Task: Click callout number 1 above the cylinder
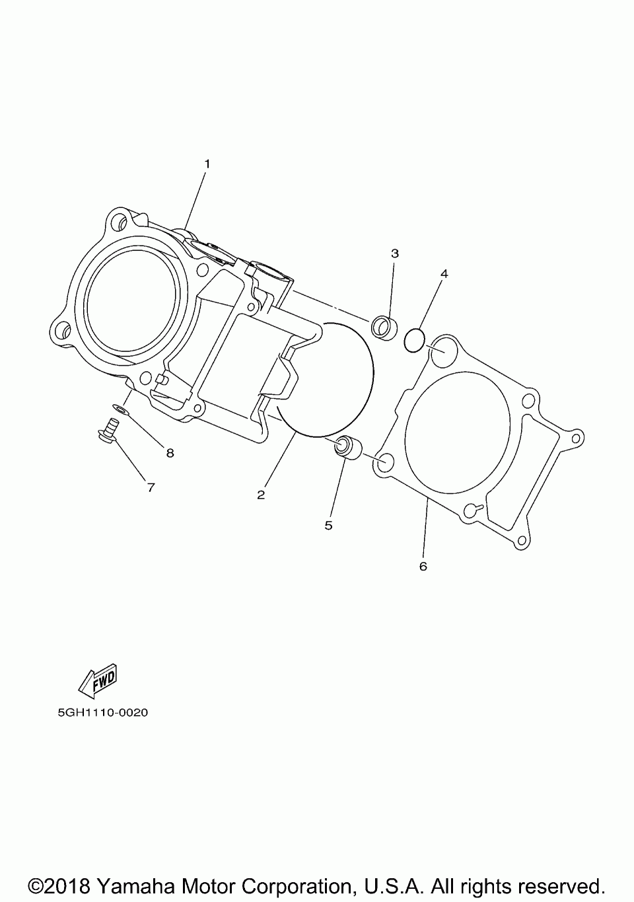(x=207, y=163)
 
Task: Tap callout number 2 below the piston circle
(x=261, y=495)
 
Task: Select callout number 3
(x=395, y=253)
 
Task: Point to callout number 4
(x=444, y=273)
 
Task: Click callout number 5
(x=328, y=526)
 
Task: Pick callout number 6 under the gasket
(x=423, y=566)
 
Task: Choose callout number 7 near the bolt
(x=151, y=487)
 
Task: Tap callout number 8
(x=170, y=453)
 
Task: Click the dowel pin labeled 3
(x=383, y=326)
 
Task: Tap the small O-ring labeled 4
(x=414, y=341)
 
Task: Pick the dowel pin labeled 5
(x=347, y=447)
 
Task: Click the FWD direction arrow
(x=98, y=680)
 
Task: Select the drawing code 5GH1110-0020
(x=102, y=713)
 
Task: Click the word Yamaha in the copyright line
(x=141, y=885)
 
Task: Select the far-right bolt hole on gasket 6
(x=576, y=436)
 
